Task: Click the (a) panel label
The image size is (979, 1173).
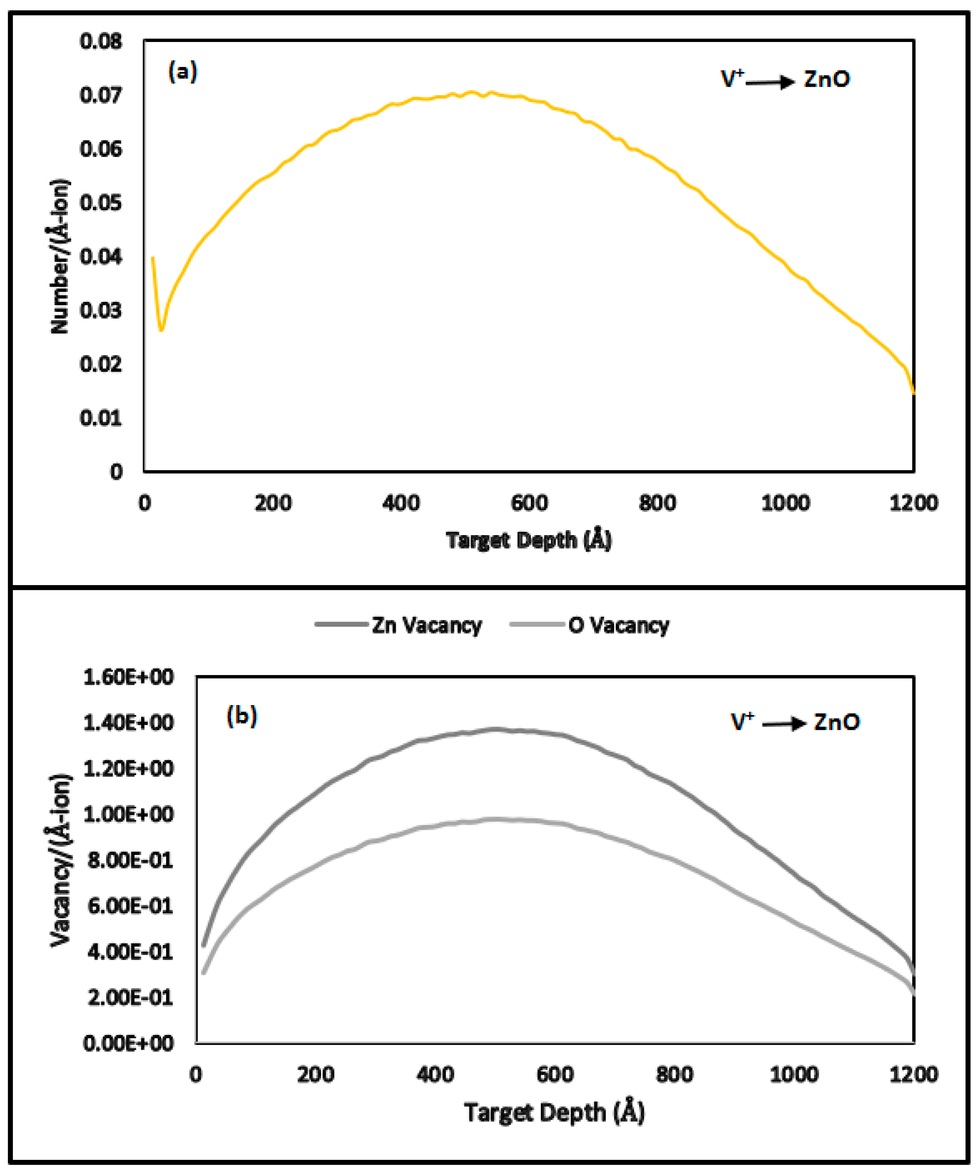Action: [183, 73]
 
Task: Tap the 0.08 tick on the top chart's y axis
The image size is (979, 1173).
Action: [100, 41]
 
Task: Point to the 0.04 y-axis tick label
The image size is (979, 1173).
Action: [100, 256]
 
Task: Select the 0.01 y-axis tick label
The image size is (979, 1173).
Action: [100, 418]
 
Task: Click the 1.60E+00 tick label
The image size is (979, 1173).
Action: [128, 677]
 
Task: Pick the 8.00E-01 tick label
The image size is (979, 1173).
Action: [130, 860]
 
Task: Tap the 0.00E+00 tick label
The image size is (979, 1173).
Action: [128, 1043]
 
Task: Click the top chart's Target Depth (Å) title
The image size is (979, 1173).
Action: [528, 540]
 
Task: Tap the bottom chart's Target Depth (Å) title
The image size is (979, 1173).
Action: [554, 1112]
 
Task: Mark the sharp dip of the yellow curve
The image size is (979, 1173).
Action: [162, 330]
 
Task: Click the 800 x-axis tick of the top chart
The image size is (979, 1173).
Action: [657, 503]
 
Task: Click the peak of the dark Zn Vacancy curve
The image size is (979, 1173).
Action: [494, 729]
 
